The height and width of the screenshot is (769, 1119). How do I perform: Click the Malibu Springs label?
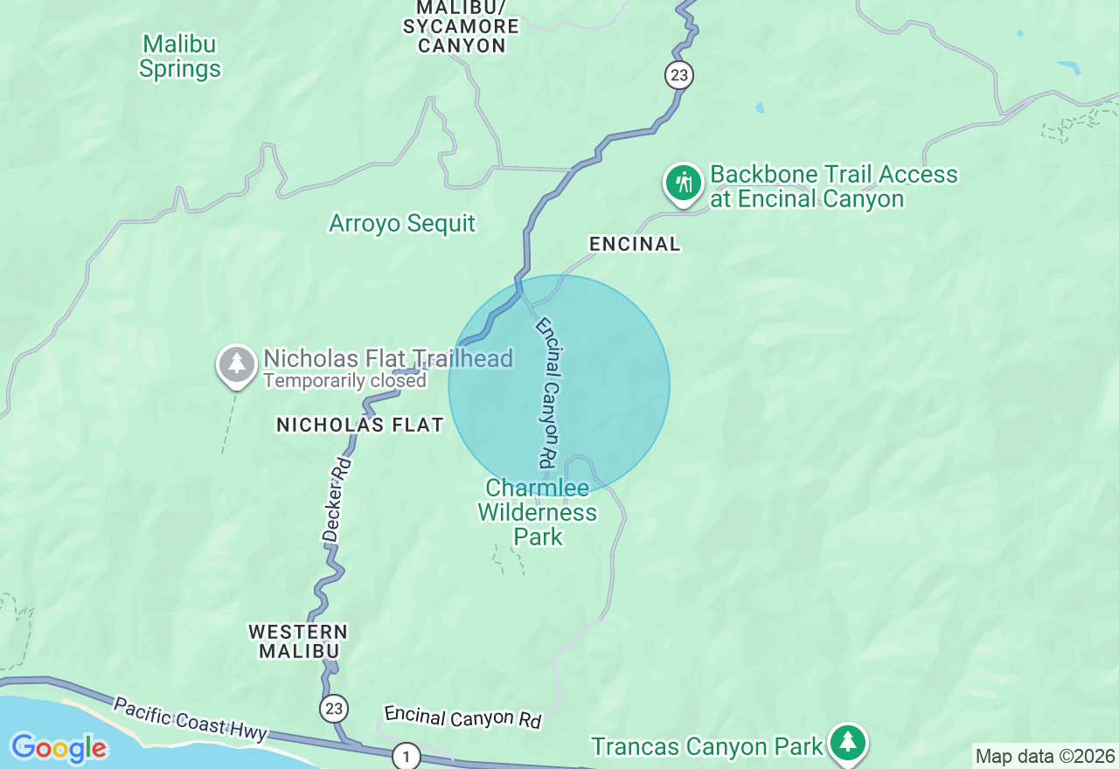179,57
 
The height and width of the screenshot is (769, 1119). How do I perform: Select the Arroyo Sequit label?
402,224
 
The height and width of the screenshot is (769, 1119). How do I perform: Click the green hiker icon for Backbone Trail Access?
683,184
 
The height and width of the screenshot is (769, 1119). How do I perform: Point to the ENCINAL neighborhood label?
635,245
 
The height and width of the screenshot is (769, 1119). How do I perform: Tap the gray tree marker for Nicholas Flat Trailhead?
236,364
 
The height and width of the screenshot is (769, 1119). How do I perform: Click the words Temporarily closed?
344,381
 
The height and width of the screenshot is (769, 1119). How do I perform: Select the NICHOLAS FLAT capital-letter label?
360,426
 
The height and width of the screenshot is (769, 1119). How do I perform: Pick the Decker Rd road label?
337,499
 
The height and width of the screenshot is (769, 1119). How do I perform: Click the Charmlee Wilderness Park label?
538,512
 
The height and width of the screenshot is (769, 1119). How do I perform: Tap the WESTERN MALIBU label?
298,641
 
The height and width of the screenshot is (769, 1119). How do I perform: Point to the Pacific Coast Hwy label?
190,719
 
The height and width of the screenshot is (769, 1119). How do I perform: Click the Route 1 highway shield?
406,755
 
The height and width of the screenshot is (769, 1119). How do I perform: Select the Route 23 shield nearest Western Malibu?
334,708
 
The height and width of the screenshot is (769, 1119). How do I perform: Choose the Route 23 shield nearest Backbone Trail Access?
678,75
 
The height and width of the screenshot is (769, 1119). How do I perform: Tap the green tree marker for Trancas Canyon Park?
846,742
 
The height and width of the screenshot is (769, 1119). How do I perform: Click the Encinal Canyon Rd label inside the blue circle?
547,391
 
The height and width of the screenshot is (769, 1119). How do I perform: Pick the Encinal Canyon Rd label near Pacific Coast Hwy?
463,717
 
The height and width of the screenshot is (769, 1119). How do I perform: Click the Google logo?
59,748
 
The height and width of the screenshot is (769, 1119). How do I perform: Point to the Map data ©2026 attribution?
1045,756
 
